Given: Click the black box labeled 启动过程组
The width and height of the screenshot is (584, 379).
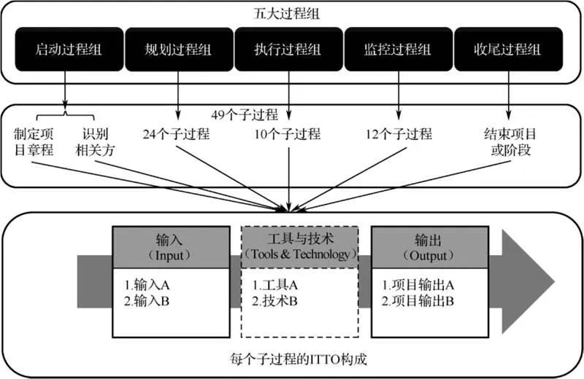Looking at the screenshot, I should (66, 50).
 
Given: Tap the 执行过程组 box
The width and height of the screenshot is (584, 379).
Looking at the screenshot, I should (289, 50).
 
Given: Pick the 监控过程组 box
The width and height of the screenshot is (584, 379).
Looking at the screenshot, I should (399, 50).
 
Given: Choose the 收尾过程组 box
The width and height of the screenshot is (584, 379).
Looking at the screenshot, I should (508, 50).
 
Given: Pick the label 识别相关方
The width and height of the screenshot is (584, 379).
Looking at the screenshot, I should (96, 143).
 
